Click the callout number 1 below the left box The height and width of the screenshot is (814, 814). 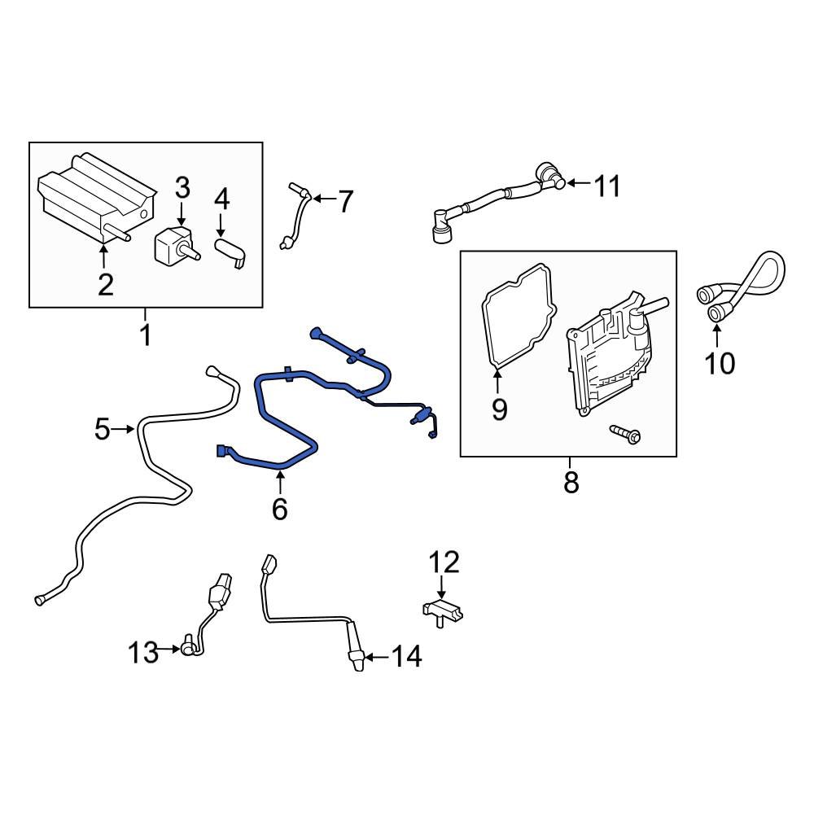click(x=146, y=334)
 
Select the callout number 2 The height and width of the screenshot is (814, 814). click(x=105, y=284)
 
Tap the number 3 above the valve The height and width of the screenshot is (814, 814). click(x=182, y=189)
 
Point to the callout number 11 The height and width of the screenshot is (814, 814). click(x=606, y=186)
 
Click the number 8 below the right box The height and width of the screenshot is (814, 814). click(x=571, y=482)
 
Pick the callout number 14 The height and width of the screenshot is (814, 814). click(x=407, y=656)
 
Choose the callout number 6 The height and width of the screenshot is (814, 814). click(x=279, y=509)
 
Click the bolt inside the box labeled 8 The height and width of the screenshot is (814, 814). click(x=624, y=435)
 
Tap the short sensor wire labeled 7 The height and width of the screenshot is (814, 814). click(x=297, y=216)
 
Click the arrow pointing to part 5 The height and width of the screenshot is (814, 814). click(x=124, y=429)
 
